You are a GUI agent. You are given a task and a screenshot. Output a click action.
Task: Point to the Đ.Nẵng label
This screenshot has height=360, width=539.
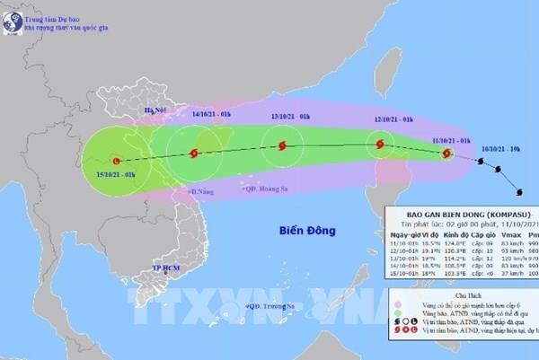coord(203,192)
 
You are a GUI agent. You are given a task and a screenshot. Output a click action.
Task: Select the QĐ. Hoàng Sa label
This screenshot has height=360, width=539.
coord(269,188)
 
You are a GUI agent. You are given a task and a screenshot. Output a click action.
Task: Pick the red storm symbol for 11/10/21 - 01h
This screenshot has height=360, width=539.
coord(447,154)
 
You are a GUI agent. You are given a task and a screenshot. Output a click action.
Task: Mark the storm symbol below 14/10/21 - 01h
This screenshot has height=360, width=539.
coord(195,154)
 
